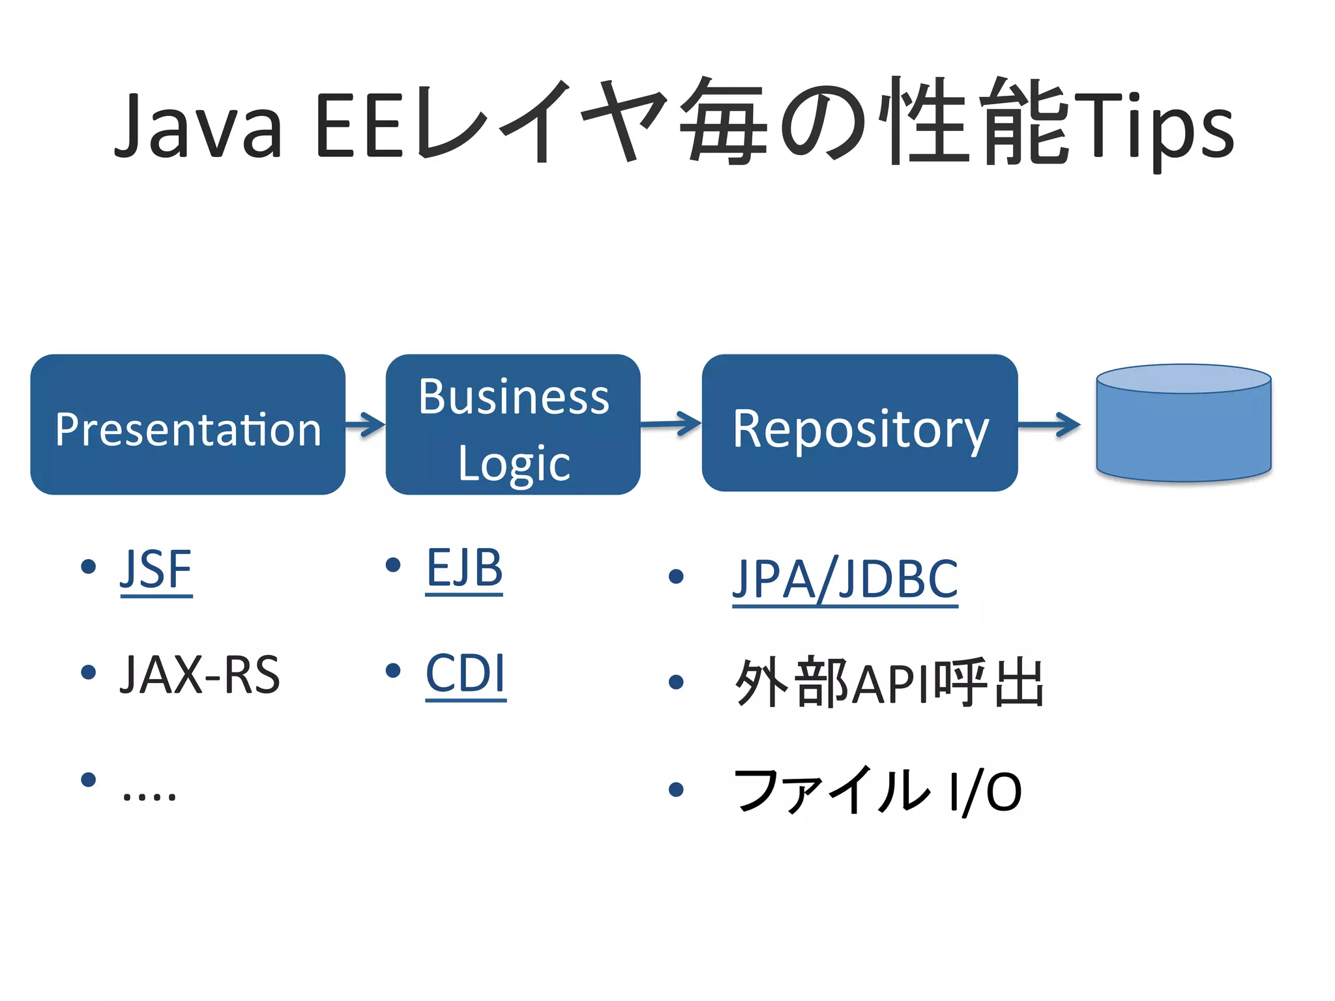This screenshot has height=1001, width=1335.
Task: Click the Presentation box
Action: (x=188, y=424)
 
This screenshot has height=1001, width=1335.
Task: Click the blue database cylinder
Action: (x=1183, y=424)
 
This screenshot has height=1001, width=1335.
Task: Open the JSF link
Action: (x=156, y=570)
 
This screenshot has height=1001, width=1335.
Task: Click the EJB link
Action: (x=464, y=568)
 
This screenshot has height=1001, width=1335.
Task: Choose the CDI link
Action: (x=465, y=674)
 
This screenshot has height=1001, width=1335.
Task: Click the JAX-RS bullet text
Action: (x=199, y=675)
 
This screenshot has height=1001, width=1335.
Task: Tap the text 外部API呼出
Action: (x=889, y=683)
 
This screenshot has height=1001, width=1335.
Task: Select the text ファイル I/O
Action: (x=877, y=791)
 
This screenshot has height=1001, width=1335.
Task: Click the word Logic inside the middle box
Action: (x=514, y=464)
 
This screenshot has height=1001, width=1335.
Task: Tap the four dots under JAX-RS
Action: (x=149, y=795)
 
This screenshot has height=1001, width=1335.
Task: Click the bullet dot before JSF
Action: (x=88, y=566)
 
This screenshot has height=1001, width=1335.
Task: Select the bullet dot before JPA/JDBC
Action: (x=676, y=576)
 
